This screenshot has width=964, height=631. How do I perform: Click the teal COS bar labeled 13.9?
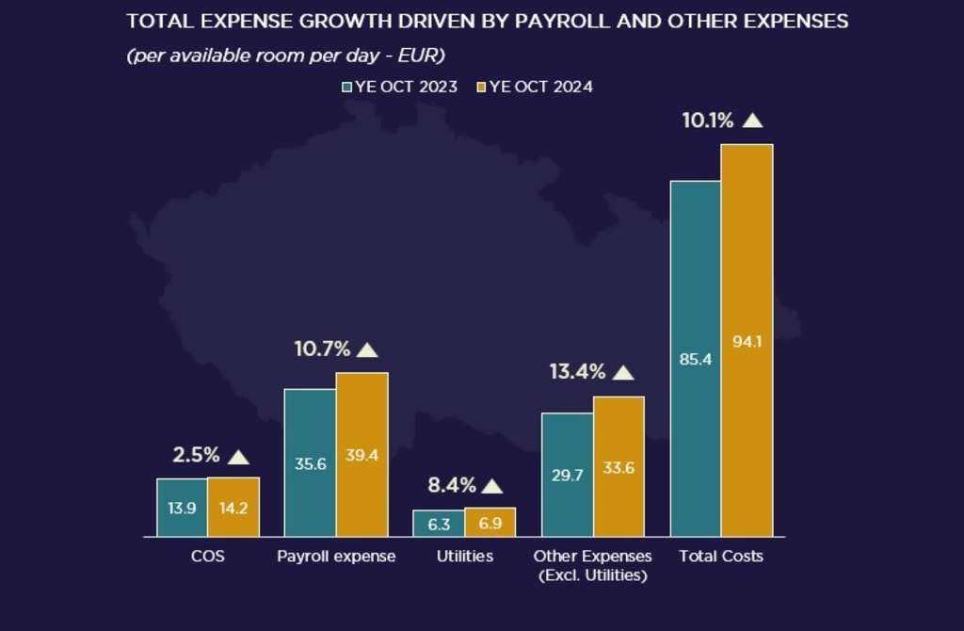point(182,508)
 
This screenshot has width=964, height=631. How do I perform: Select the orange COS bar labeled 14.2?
point(233,508)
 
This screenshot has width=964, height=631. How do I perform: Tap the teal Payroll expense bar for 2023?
point(310,462)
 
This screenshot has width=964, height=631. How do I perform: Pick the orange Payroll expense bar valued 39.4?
point(361,455)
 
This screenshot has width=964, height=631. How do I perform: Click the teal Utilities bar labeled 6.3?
point(438,524)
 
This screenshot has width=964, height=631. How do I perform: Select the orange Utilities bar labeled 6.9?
point(490,523)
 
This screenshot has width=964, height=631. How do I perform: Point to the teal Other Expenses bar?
point(567,475)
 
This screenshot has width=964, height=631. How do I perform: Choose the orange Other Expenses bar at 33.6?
point(619,467)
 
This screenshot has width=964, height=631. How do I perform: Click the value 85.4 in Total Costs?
point(695,358)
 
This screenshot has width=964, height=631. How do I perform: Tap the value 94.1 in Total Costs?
point(747,342)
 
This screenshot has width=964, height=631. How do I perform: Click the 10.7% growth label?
point(322,349)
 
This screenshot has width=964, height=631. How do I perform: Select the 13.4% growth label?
point(577,372)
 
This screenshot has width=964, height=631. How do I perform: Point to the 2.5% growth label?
point(196,456)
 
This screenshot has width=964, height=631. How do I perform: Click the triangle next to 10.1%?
point(752,121)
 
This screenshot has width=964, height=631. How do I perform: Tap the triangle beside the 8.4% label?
point(492,487)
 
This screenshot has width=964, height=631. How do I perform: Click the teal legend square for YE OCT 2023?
point(346,87)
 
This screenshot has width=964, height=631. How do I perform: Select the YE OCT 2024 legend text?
point(541,87)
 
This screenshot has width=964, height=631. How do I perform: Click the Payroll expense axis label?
point(336,557)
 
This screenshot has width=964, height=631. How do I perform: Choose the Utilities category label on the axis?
point(464,557)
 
